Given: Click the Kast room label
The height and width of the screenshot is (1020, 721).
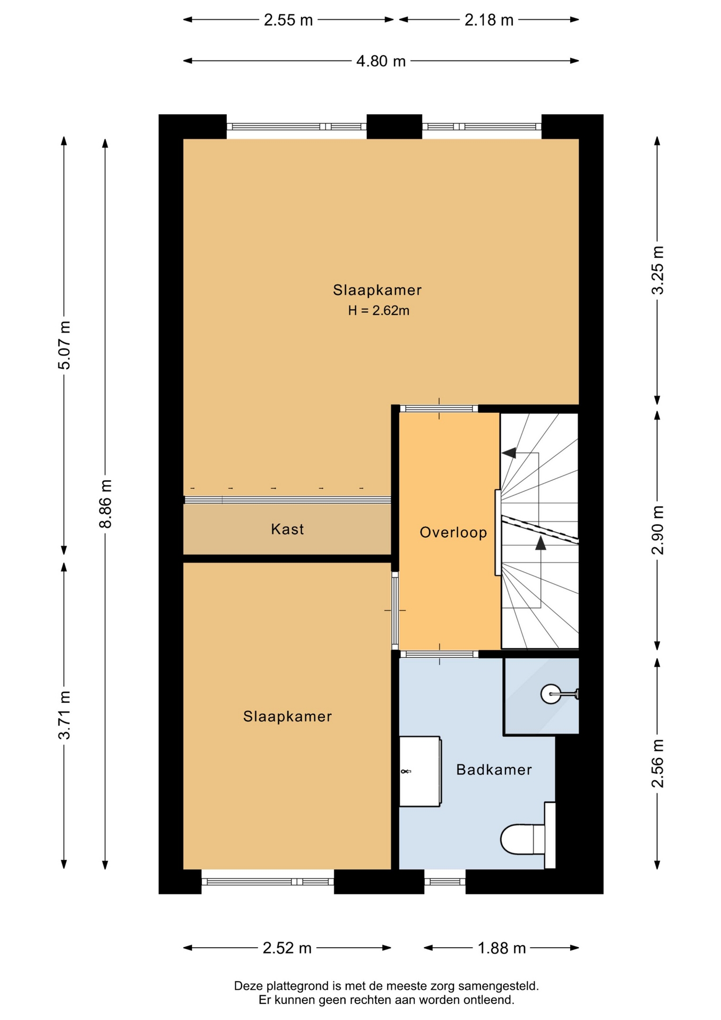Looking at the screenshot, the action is tap(287, 529).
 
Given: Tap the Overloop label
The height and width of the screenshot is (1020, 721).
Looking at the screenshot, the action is tap(453, 532).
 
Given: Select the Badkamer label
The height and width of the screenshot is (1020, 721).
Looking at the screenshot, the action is tap(494, 769).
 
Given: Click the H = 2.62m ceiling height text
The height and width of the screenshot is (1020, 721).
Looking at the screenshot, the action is tap(379, 311).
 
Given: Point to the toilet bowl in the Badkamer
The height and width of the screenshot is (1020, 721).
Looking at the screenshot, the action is tap(522, 839).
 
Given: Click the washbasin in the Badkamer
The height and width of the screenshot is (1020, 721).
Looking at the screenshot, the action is tap(419, 771).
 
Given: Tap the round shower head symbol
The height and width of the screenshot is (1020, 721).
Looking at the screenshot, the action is tap(551, 693).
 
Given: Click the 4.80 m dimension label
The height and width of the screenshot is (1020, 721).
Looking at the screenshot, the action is tap(381, 61).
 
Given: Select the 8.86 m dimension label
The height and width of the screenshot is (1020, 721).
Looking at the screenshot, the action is tap(106, 504).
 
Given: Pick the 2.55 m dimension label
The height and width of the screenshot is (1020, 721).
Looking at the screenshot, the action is tap(288, 20).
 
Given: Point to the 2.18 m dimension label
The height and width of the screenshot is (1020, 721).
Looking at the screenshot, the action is tap(489, 20).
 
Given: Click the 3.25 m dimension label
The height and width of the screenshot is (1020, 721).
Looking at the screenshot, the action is tap(658, 270).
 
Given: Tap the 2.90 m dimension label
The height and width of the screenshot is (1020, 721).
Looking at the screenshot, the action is tap(658, 530).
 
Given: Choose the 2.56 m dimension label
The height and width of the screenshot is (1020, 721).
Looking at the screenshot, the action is tap(658, 763).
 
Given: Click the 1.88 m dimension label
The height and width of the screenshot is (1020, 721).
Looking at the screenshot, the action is tap(502, 948).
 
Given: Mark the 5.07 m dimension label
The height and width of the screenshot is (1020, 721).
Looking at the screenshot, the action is tap(64, 345).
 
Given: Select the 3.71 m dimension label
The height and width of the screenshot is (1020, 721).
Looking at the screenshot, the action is tap(64, 715).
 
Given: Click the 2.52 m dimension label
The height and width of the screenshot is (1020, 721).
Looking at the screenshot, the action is tap(287, 948).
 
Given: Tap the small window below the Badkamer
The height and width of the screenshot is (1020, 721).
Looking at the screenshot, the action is tap(445, 882).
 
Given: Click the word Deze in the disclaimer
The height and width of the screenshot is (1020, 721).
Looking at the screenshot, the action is tap(248, 986).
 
